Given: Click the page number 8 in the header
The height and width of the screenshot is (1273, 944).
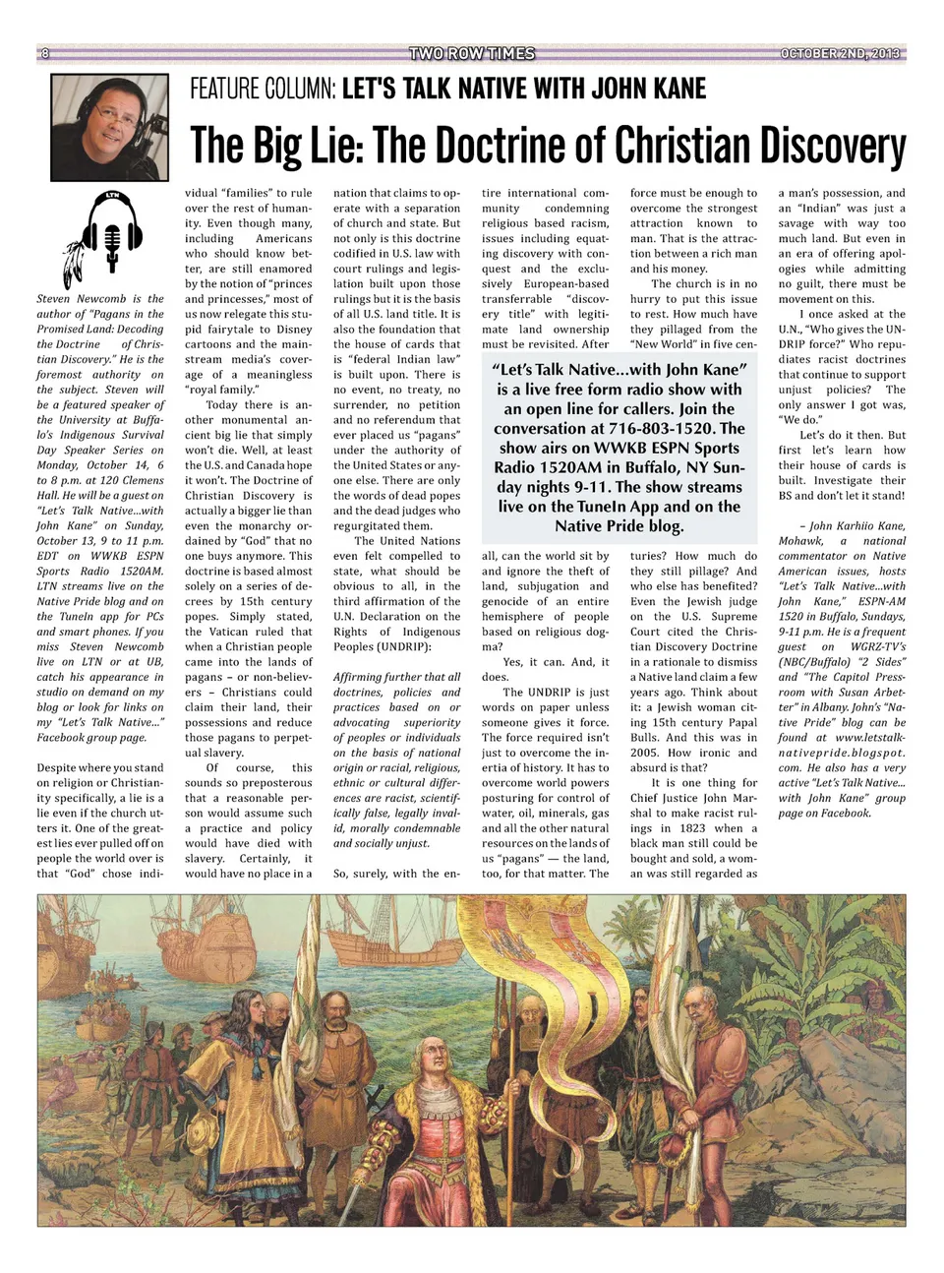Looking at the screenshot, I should (x=44, y=53).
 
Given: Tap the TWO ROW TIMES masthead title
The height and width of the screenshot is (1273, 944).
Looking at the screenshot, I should (x=471, y=53).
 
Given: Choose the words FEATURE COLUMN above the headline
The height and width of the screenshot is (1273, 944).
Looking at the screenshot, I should (x=263, y=90).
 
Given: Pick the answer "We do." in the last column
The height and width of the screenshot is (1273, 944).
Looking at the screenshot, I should (x=798, y=420).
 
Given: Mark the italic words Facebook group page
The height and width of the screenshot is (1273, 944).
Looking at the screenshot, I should (x=90, y=737).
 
